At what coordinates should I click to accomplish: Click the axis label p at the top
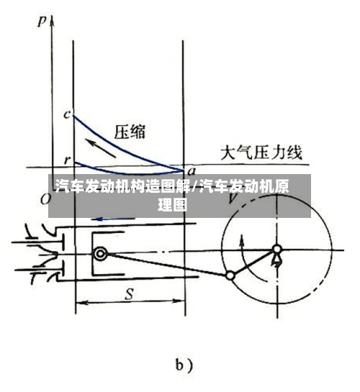[x=42, y=21]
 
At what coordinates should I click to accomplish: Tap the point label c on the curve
[x=67, y=114]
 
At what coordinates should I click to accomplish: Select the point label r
[x=67, y=160]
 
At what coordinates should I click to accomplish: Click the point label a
[x=192, y=171]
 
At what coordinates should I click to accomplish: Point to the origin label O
[x=45, y=199]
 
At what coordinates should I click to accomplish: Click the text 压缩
[x=130, y=132]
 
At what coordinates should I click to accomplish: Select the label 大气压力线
[x=261, y=152]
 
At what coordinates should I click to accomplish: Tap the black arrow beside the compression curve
[x=101, y=148]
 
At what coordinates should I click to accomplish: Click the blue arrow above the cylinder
[x=113, y=219]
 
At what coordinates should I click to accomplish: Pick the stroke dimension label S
[x=130, y=294]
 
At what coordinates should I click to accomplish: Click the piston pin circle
[x=100, y=254]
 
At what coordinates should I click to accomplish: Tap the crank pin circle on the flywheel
[x=230, y=275]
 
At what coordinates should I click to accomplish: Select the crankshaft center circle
[x=277, y=249]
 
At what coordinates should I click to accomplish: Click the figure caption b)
[x=184, y=366]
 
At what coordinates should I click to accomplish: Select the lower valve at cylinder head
[x=41, y=269]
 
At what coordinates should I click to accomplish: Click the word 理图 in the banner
[x=172, y=205]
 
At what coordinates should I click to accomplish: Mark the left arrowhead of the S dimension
[x=80, y=303]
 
